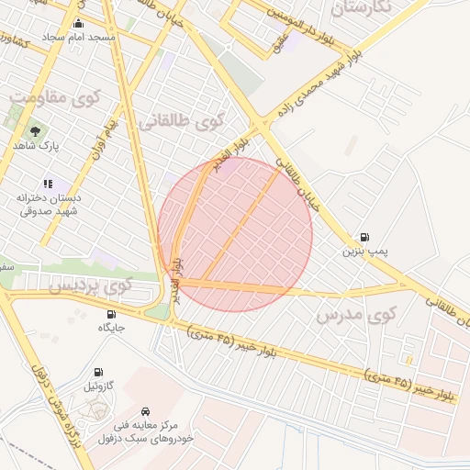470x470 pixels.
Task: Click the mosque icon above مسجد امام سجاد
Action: [77, 24]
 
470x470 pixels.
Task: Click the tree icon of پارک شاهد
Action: [36, 131]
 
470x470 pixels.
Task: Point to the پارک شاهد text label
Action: [36, 146]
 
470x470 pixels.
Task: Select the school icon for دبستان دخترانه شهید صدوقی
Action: [48, 183]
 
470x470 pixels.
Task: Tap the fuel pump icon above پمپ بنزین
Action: [366, 236]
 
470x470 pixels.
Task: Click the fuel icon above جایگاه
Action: [110, 313]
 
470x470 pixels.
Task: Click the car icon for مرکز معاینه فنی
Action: [147, 410]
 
